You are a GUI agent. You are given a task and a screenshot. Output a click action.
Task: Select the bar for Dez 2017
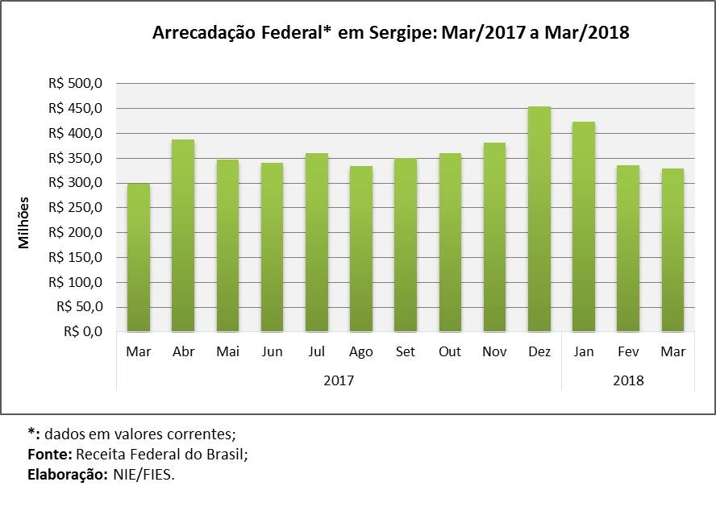coord(539,219)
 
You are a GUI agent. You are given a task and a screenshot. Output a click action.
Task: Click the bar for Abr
coord(183,235)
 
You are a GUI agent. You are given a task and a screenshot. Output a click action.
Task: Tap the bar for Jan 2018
coord(584,226)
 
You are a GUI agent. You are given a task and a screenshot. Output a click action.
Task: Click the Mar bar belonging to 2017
coord(138,258)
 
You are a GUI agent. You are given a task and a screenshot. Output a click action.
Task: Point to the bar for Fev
coord(628,248)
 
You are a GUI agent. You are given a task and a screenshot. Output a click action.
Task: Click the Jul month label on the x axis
coord(317,352)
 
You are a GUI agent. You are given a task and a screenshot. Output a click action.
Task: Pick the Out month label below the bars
coord(450,352)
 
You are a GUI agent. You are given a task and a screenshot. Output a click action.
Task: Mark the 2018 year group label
coord(628,380)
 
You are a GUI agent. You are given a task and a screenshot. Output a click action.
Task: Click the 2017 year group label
coord(339,380)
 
